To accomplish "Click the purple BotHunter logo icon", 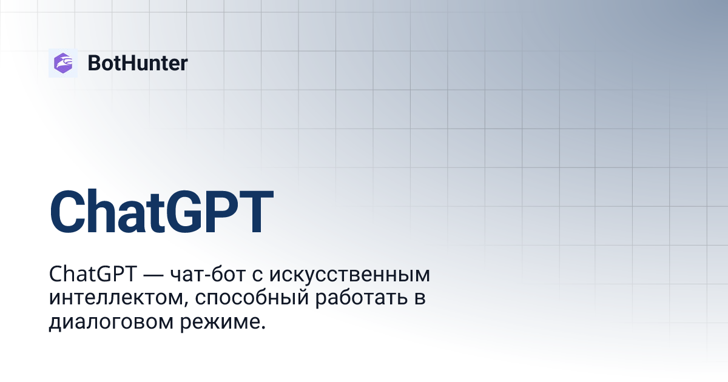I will pos(63,62).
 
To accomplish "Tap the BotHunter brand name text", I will pos(138,63).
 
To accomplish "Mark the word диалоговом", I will pos(112,322).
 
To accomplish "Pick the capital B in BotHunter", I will pos(94,63).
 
